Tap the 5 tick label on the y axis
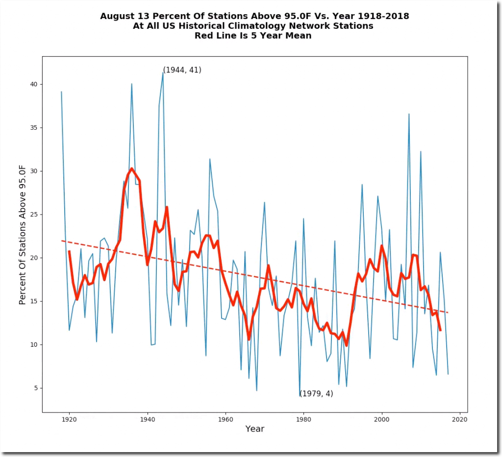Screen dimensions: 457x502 click(x=35, y=388)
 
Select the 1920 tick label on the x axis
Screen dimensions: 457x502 click(x=69, y=419)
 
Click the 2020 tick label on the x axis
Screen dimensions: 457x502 click(x=459, y=419)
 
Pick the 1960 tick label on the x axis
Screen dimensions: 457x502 click(x=226, y=419)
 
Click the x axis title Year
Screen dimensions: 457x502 click(x=254, y=429)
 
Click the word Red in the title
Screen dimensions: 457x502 click(x=204, y=36)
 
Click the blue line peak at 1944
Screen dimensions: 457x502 click(x=163, y=72)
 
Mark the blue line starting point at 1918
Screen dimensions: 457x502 click(x=61, y=92)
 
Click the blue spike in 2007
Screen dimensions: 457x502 click(x=409, y=114)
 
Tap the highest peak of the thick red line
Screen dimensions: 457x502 click(x=131, y=168)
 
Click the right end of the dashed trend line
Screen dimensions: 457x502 click(x=448, y=313)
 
